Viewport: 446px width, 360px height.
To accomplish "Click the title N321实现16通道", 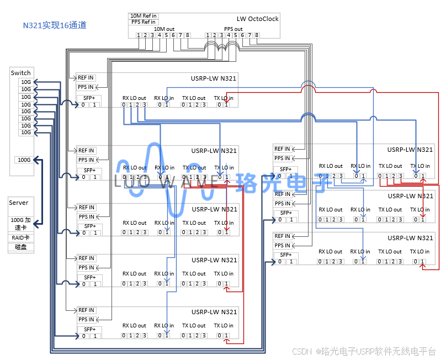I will [55, 25].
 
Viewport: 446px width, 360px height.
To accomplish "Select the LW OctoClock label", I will [258, 19].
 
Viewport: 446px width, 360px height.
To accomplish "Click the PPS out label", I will [233, 29].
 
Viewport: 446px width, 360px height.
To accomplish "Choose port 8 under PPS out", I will [257, 35].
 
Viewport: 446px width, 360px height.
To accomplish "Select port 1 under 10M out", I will [139, 35].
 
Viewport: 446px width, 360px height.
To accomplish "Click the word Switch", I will [21, 73].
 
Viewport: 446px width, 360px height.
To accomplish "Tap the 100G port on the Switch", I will [24, 160].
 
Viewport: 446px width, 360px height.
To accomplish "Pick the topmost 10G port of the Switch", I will [26, 82].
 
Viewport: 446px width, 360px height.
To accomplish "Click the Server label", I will [19, 203].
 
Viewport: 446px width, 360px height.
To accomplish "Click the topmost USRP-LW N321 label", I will [214, 78].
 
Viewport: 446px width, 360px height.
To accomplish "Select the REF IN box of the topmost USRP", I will [86, 78].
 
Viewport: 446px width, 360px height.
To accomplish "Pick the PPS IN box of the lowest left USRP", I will [86, 319].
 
